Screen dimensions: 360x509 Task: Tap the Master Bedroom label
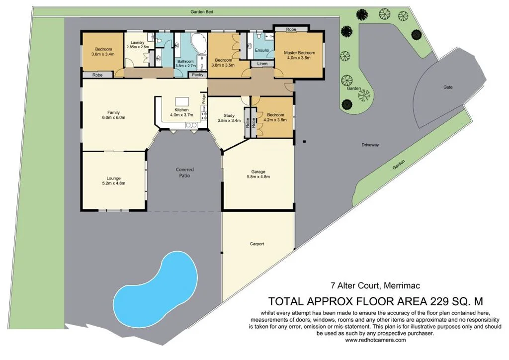point(299,53)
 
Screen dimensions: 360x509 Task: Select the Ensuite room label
point(262,50)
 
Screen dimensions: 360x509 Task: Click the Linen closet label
point(262,64)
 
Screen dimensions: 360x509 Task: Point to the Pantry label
point(198,75)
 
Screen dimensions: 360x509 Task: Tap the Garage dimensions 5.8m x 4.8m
point(257,177)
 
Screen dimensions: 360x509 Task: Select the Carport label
point(257,244)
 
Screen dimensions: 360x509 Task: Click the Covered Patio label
point(184,173)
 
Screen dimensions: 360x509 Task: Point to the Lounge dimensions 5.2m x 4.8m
point(114,183)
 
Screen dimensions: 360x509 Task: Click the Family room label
point(113,112)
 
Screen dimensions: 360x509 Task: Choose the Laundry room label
point(138,43)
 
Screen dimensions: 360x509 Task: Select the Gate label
point(448,87)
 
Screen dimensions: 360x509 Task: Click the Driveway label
point(370,145)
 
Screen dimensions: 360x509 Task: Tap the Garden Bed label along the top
point(202,11)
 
